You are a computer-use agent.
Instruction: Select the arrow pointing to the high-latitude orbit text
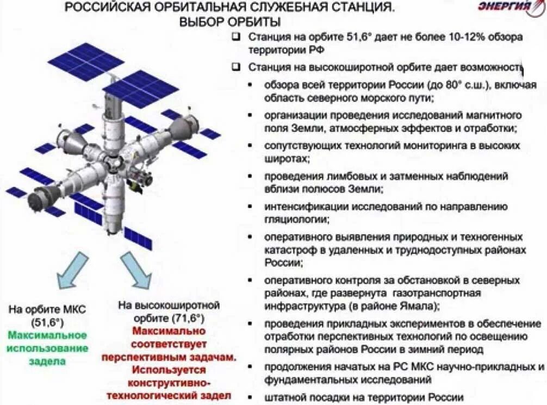pyautogui.click(x=136, y=270)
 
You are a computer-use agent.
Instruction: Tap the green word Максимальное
pyautogui.click(x=48, y=334)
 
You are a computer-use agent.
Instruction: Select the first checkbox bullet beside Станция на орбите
pyautogui.click(x=236, y=38)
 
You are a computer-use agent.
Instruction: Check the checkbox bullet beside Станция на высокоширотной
pyautogui.click(x=236, y=67)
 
